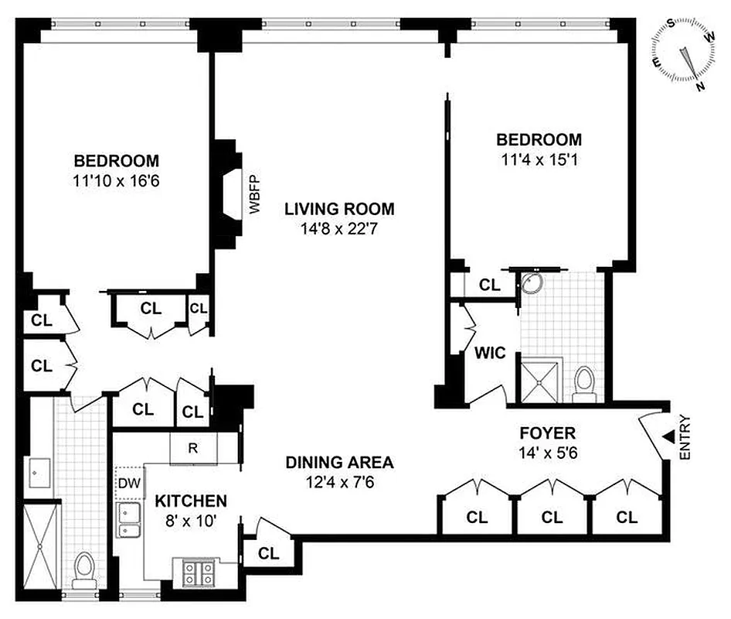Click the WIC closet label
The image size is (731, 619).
coord(490,354)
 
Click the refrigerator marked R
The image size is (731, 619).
coord(194,448)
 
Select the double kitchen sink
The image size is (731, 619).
coord(129,521)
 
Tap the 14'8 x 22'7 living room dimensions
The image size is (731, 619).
coord(339,229)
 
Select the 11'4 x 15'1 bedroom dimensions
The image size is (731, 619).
coord(539,161)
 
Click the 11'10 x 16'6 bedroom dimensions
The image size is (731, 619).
coord(117,183)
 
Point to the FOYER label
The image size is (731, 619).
coord(548,433)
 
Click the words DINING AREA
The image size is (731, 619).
coord(339,463)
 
